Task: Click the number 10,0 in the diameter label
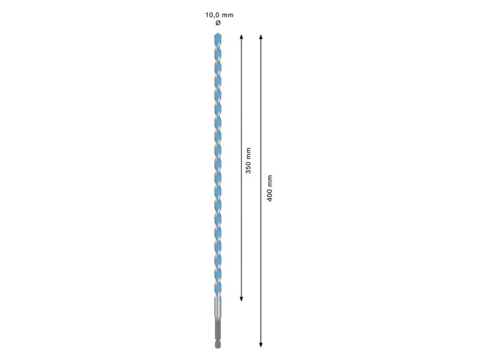(x=212, y=15)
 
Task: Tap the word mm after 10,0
(x=228, y=15)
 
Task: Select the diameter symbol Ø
(x=218, y=23)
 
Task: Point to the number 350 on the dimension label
(x=248, y=167)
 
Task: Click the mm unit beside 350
(x=248, y=154)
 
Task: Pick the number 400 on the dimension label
(x=269, y=195)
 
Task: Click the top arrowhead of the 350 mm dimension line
(x=241, y=37)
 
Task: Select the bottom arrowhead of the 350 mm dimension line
(x=241, y=299)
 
